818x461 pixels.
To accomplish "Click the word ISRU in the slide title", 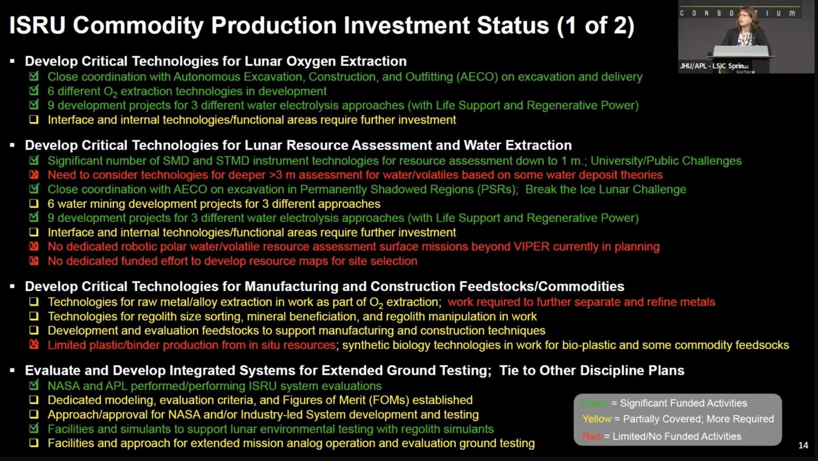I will click(x=37, y=26).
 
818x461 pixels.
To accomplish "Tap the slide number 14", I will click(x=803, y=446).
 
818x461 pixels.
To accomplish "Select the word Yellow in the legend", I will click(x=596, y=419).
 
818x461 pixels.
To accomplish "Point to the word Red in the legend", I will click(x=591, y=437).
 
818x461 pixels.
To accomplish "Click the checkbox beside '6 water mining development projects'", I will click(x=34, y=203).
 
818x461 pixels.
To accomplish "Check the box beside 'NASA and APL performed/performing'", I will click(x=34, y=385).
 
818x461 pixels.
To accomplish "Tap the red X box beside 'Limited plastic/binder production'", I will click(x=34, y=345).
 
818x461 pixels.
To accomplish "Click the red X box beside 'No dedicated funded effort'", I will click(x=34, y=261).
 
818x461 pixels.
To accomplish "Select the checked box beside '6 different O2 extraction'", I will click(x=34, y=90).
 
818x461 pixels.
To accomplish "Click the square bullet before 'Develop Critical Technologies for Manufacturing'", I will click(x=12, y=286).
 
